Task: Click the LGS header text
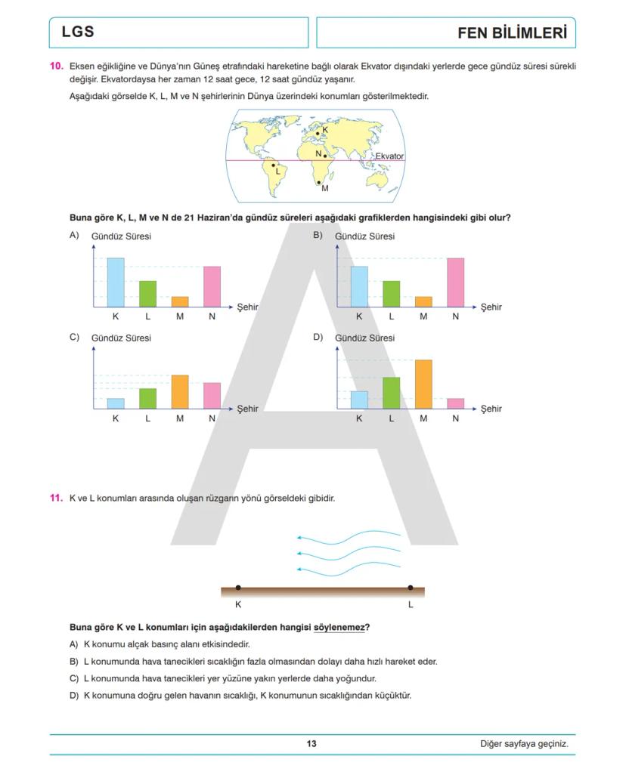click(78, 32)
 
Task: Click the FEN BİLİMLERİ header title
click(512, 33)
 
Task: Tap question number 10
click(56, 66)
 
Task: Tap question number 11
click(56, 499)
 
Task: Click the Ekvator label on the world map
click(389, 156)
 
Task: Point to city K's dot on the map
click(318, 133)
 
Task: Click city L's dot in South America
click(274, 165)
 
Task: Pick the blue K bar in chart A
click(116, 282)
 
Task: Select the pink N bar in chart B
click(455, 282)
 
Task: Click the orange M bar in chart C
click(180, 391)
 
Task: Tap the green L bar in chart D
click(391, 393)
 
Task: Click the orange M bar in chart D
click(423, 384)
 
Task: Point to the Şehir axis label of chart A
click(247, 307)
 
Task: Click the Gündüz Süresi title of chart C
click(121, 338)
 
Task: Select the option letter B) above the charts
click(318, 235)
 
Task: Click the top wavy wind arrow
click(348, 539)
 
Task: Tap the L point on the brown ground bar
click(411, 588)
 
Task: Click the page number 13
click(311, 744)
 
